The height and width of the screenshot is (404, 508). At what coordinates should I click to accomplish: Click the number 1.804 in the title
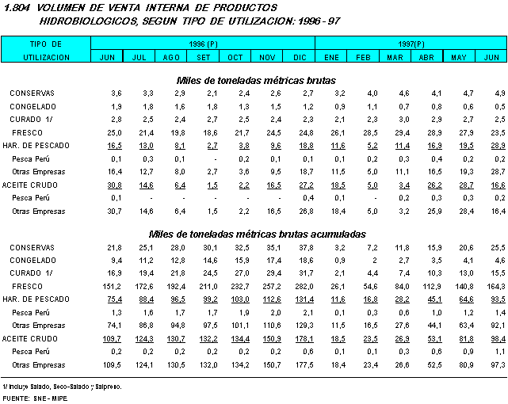pos(17,7)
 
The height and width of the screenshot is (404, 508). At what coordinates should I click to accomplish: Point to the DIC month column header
pos(300,57)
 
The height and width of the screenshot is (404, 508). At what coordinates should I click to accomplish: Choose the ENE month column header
pos(332,57)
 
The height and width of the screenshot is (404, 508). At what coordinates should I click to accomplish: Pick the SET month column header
pos(204,57)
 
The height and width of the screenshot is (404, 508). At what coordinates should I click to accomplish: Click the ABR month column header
pos(426,57)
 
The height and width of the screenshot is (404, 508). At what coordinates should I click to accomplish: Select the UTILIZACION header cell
pos(46,57)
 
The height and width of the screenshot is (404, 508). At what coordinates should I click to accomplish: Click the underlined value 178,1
pos(304,337)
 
